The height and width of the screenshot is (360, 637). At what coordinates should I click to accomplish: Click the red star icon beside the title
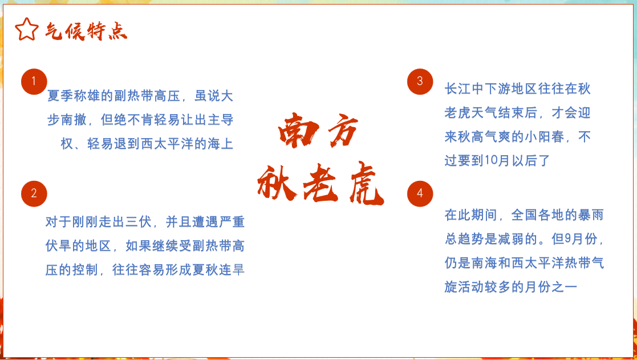27,29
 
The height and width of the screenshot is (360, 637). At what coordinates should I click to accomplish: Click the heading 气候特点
86,31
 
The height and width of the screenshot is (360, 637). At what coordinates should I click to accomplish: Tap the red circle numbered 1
34,82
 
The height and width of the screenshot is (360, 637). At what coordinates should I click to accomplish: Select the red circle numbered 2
34,194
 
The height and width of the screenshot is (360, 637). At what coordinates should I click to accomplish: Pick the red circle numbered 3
420,82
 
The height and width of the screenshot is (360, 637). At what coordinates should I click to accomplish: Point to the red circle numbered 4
420,194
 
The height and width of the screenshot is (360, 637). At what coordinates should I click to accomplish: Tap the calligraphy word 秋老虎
320,183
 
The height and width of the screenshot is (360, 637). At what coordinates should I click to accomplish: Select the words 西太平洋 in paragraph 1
167,144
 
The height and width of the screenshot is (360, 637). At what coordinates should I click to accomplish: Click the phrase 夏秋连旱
218,270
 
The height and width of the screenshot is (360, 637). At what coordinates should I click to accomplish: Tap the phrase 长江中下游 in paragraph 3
478,88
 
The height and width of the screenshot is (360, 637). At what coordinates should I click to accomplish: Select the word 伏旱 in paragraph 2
59,246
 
